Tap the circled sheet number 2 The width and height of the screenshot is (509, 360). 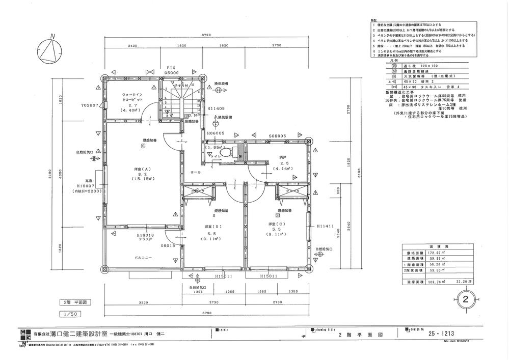tap(464, 299)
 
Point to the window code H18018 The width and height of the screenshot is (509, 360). tap(145, 235)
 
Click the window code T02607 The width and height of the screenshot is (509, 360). tap(90, 106)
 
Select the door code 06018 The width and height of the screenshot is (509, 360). tap(168, 245)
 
